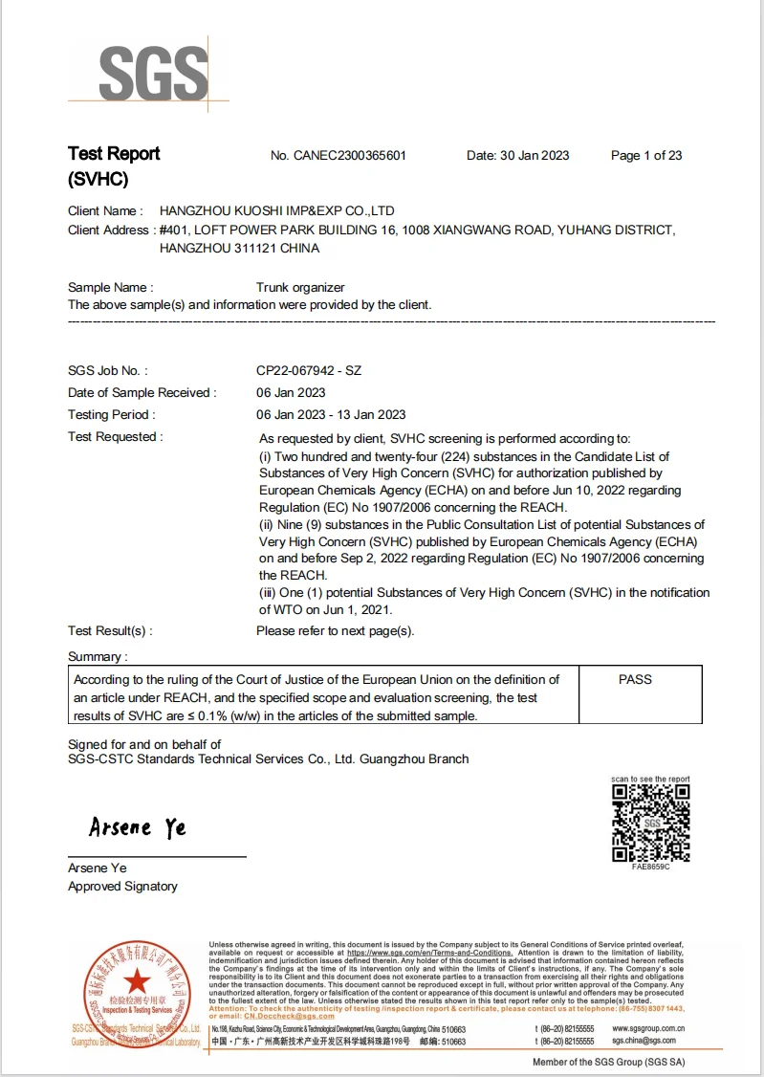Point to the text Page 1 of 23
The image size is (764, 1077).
(646, 156)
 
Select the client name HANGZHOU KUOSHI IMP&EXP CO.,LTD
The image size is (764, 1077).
(276, 210)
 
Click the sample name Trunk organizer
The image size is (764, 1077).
(300, 287)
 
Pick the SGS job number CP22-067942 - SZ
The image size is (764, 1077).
(309, 370)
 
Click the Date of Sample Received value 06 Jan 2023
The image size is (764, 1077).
(291, 392)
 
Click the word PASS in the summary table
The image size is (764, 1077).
(635, 679)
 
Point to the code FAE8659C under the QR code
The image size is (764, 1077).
(650, 867)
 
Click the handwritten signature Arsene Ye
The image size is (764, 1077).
(138, 827)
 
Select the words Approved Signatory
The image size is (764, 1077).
(122, 887)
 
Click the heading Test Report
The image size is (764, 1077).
(114, 154)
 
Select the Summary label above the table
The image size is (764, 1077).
(97, 656)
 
